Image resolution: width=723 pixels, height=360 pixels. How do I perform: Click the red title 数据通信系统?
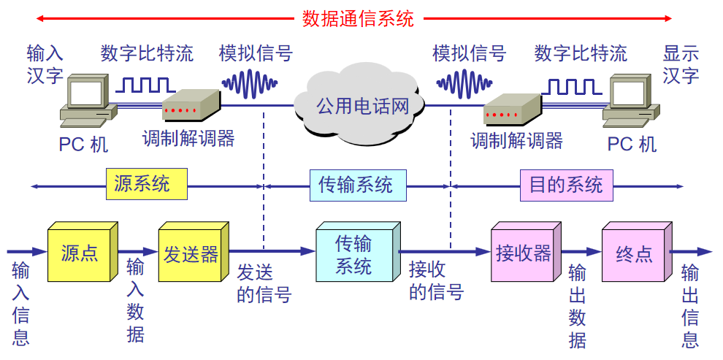[x=358, y=18]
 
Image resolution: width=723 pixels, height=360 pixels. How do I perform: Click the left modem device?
[x=190, y=106]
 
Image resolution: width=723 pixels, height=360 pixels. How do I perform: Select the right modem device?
[x=511, y=110]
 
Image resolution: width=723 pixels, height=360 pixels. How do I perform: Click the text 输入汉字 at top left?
[x=45, y=64]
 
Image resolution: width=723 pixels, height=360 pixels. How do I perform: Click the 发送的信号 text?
[x=264, y=283]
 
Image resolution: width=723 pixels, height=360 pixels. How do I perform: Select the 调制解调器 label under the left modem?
[x=188, y=138]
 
